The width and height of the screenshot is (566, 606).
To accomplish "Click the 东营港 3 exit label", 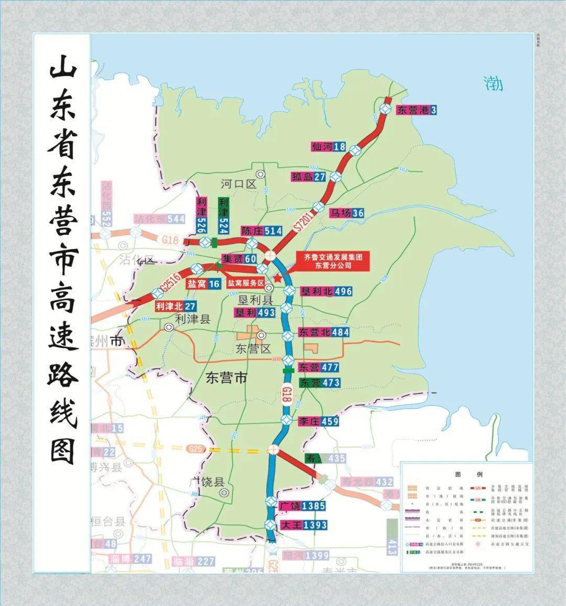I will (x=417, y=110).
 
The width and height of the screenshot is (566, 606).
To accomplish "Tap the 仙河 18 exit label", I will (x=328, y=147).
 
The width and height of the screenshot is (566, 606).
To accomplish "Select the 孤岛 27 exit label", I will (x=309, y=177).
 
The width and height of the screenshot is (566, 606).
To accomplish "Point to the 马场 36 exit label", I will (x=346, y=213).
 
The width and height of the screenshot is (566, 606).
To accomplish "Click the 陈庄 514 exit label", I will (x=262, y=231).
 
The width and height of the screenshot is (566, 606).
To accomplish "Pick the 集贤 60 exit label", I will (x=238, y=259).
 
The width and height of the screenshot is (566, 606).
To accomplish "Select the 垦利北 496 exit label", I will (x=325, y=291).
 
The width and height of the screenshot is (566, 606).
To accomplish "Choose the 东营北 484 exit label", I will (x=323, y=332).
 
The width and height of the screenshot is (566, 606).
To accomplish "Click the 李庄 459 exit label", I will (x=319, y=421).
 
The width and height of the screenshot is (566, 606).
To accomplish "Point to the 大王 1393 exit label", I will (x=303, y=525).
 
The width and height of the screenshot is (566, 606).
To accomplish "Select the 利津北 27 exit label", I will (x=176, y=306).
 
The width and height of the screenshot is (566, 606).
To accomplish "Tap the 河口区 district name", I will (x=238, y=184).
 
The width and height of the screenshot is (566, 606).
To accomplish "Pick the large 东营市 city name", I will (x=226, y=378).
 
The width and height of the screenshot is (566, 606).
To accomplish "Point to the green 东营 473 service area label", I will (x=320, y=383).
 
